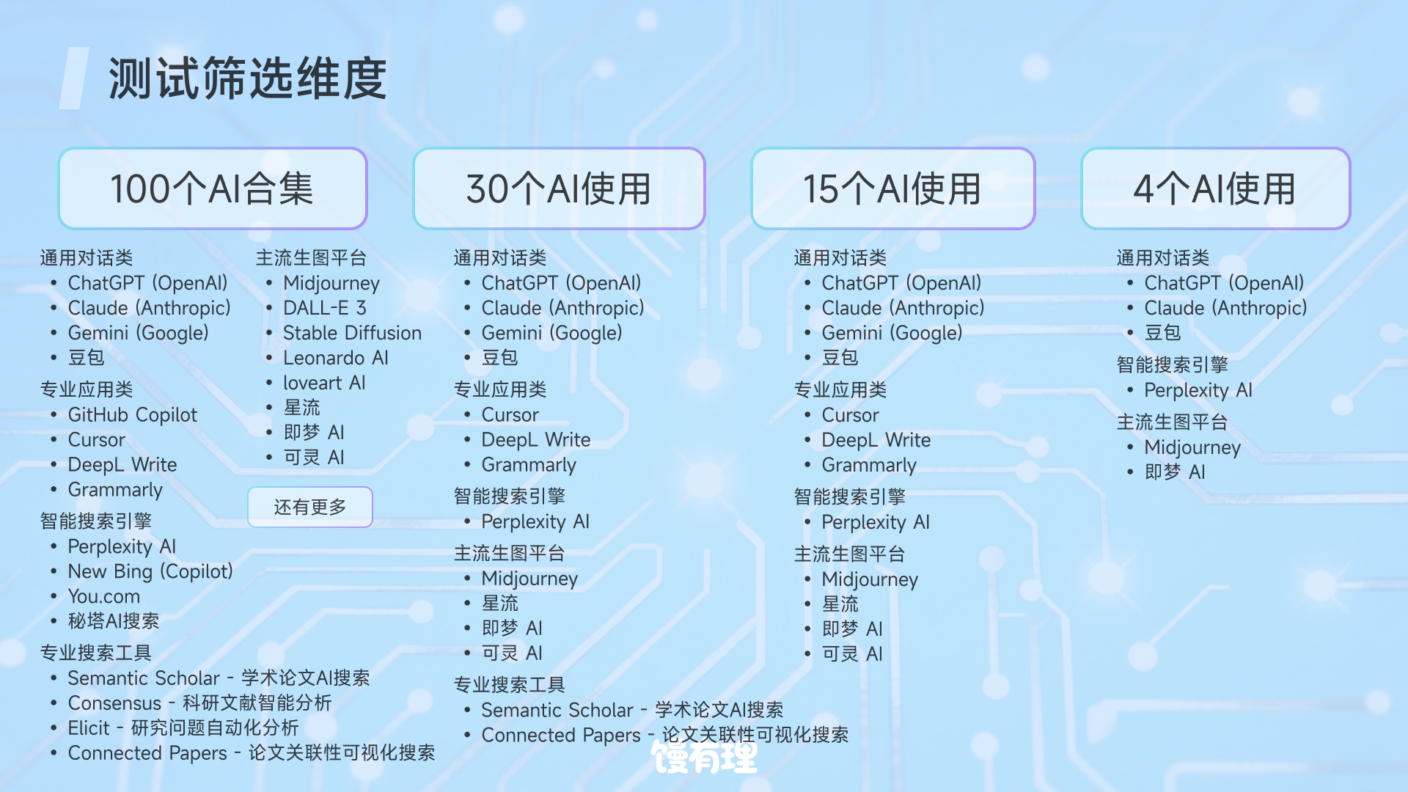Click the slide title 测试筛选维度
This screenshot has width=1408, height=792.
(x=247, y=78)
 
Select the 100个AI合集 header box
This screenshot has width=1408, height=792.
(x=213, y=188)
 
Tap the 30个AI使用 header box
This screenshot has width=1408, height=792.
(x=559, y=188)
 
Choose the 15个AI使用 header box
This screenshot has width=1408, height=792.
(x=892, y=188)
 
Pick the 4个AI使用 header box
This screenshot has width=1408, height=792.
(x=1215, y=188)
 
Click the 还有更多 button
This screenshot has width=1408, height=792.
(x=310, y=507)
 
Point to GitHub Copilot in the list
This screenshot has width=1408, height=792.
(x=133, y=415)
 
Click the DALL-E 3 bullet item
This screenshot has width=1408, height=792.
(x=325, y=308)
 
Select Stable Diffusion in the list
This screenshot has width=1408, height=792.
(x=353, y=333)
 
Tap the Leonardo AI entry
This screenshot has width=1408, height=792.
(x=336, y=358)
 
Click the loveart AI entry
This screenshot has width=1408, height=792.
(x=324, y=383)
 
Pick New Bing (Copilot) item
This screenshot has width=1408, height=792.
(x=150, y=571)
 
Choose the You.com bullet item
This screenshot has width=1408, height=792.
(x=104, y=596)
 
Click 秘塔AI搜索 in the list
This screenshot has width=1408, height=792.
(x=114, y=621)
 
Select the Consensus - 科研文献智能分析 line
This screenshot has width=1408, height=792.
(x=199, y=703)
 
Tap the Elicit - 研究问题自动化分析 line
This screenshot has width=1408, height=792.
(x=183, y=727)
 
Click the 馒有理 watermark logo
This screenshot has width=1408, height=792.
(x=704, y=757)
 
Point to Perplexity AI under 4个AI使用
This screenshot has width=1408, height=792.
(x=1198, y=390)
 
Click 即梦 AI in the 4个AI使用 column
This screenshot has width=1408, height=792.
(x=1175, y=472)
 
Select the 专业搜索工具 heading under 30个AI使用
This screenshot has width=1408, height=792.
(x=510, y=685)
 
